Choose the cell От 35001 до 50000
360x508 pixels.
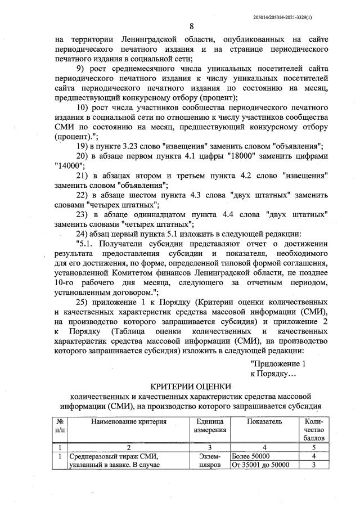coord(260,465)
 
